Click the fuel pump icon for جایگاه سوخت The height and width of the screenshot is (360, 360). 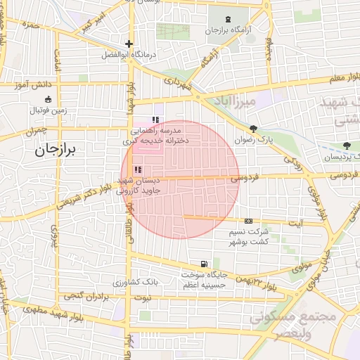coord(204,263)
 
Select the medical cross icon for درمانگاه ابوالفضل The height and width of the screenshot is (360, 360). coord(129,44)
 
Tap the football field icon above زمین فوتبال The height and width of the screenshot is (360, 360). coord(48,99)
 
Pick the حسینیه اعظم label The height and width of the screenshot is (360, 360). coord(204,285)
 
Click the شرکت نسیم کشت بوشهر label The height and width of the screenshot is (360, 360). coord(249,236)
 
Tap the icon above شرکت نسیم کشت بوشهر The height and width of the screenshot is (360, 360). coord(247,221)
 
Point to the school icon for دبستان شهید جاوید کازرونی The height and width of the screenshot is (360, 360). coord(138,169)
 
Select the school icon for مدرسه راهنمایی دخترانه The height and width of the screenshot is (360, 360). coord(155,120)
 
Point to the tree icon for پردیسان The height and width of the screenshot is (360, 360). coord(345,146)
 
